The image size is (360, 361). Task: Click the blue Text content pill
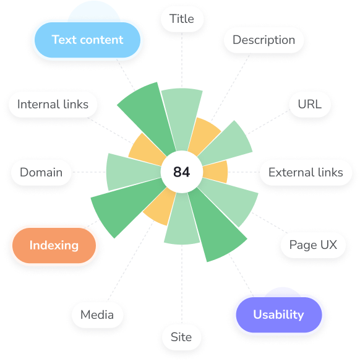[87, 40]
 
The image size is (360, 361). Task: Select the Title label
[182, 19]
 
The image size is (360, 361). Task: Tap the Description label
[264, 40]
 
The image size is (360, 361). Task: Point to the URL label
[310, 104]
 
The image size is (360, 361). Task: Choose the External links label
[306, 172]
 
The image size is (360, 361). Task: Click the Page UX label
[313, 245]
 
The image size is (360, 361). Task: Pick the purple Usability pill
[279, 315]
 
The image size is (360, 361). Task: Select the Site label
[181, 337]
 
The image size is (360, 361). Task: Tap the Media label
[97, 315]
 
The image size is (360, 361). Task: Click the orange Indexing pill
[54, 245]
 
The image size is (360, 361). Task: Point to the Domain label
[41, 172]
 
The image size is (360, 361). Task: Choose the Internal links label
[53, 104]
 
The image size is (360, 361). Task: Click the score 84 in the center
[182, 172]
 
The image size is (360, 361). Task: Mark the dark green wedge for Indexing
[124, 205]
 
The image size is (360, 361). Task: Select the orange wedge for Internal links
[147, 149]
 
